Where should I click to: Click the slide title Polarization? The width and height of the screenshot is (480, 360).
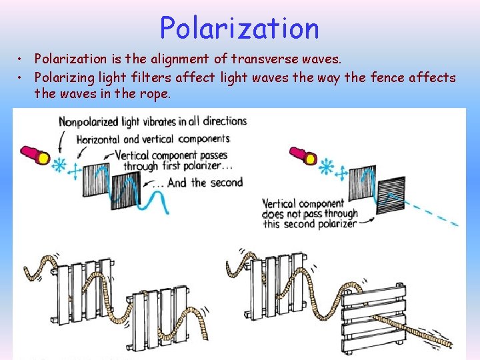pyautogui.click(x=239, y=28)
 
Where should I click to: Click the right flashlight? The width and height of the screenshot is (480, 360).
pyautogui.click(x=301, y=155)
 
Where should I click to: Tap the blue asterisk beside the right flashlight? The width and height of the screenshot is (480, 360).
pyautogui.click(x=327, y=166)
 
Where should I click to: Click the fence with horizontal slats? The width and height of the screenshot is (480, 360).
pyautogui.click(x=373, y=318)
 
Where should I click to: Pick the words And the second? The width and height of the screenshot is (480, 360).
pyautogui.click(x=205, y=182)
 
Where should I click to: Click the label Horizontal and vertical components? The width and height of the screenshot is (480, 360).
pyautogui.click(x=153, y=139)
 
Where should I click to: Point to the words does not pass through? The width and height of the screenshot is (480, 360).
pyautogui.click(x=309, y=214)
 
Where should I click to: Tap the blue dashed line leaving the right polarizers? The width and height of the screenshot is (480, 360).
pyautogui.click(x=433, y=215)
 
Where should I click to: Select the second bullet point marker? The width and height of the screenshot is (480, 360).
pyautogui.click(x=22, y=78)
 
